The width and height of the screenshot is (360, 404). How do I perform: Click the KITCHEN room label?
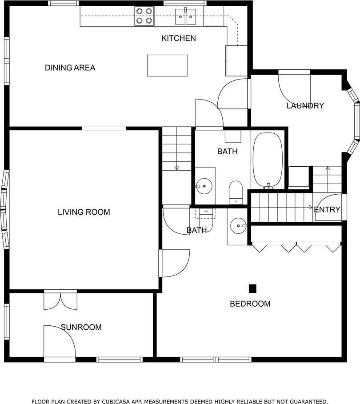[x=179, y=38]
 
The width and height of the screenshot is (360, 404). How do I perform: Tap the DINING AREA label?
[x=70, y=68]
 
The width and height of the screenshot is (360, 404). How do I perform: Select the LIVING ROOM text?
[x=84, y=212]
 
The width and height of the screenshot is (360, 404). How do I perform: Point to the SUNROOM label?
[x=81, y=327]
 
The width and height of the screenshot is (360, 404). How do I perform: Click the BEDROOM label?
[x=250, y=304]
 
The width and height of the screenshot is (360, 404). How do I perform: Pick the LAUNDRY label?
[x=305, y=106]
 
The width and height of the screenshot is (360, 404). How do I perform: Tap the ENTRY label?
[x=327, y=210]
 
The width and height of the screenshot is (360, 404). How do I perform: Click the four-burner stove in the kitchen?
[x=144, y=16]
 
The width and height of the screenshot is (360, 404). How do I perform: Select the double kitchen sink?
[x=185, y=16]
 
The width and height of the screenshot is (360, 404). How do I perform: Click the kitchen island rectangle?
[x=168, y=65]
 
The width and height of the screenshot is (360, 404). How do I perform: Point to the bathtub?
[x=268, y=160]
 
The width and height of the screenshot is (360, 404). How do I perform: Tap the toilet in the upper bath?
[x=236, y=192]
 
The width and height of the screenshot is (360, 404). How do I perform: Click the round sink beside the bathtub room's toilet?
[x=204, y=186]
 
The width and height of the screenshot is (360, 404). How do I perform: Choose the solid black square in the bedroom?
[x=252, y=288]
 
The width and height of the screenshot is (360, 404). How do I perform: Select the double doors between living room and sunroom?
[x=60, y=300]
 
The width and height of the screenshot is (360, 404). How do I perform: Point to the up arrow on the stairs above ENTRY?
[x=328, y=168]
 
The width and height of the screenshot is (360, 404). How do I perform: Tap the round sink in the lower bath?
[x=238, y=226]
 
